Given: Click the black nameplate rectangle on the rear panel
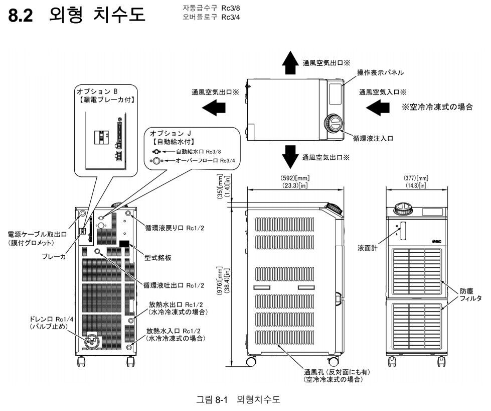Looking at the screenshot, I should pyautogui.click(x=124, y=244).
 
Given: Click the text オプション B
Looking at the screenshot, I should pyautogui.click(x=97, y=91).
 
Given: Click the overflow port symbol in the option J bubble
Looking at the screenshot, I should pyautogui.click(x=156, y=161).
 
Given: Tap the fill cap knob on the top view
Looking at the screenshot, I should pyautogui.click(x=332, y=123).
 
